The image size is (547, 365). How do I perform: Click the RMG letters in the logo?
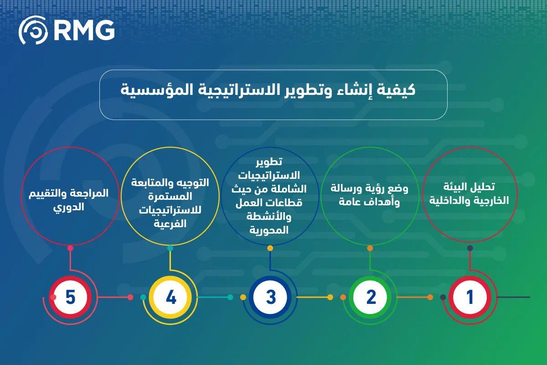tap(84, 30)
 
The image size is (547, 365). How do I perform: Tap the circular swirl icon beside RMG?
tap(33, 30)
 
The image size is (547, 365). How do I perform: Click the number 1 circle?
tap(470, 297)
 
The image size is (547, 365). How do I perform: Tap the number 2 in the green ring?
tap(370, 297)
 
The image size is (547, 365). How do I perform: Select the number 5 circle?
tap(70, 297)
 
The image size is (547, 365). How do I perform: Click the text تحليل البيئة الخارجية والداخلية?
tap(469, 194)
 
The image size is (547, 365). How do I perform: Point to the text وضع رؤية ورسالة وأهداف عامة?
tap(370, 195)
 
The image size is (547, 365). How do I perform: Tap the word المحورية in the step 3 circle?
tap(269, 230)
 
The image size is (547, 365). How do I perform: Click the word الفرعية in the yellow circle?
tap(170, 224)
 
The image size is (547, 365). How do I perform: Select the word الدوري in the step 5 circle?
tap(69, 207)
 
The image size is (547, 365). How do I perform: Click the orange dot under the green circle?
tap(370, 248)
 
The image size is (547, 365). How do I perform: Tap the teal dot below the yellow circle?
tap(170, 248)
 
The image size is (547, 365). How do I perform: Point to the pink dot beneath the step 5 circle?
tap(70, 248)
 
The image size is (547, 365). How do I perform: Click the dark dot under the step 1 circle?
tap(470, 248)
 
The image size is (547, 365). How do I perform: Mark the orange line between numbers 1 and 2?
tap(413, 297)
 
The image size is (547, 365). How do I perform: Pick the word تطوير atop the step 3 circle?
tap(269, 162)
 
